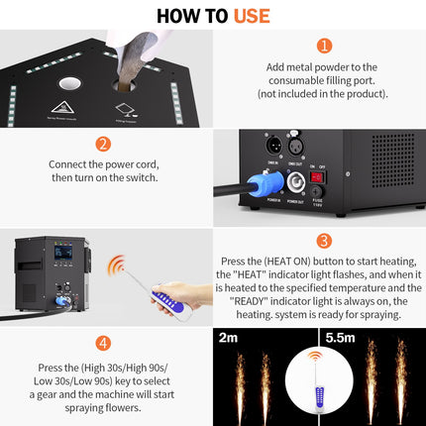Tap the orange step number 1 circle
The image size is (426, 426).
323,46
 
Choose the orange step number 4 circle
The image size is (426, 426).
103,343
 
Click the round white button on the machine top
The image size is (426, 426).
70,85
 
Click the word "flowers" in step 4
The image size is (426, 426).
124,406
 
